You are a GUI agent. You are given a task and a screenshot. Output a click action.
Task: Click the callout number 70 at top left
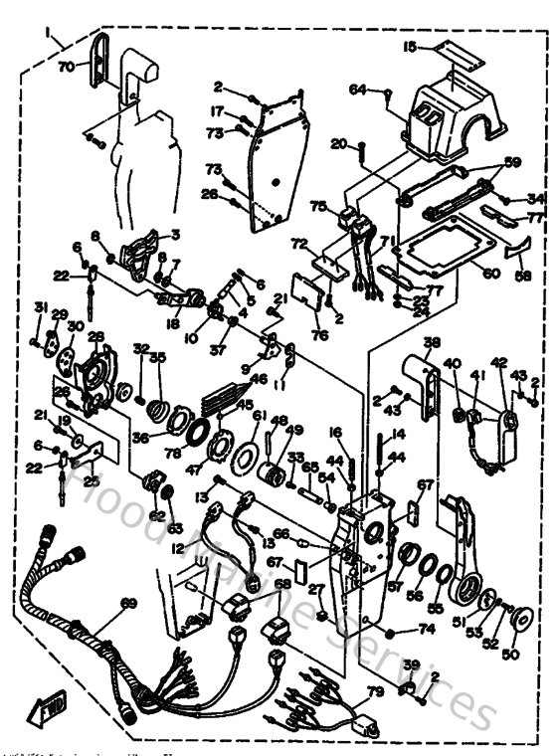66,68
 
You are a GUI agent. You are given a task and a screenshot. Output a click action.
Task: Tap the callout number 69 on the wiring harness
127,603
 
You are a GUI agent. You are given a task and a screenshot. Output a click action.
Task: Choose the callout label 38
430,343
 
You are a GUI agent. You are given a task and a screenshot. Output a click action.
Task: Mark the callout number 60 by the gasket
490,272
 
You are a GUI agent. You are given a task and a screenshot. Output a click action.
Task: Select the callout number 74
428,629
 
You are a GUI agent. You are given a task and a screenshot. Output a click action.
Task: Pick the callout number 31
41,305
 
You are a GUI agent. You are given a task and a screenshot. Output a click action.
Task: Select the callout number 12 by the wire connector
177,548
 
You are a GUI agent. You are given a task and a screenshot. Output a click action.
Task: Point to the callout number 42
499,363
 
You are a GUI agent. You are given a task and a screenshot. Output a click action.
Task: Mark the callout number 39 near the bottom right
410,663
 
